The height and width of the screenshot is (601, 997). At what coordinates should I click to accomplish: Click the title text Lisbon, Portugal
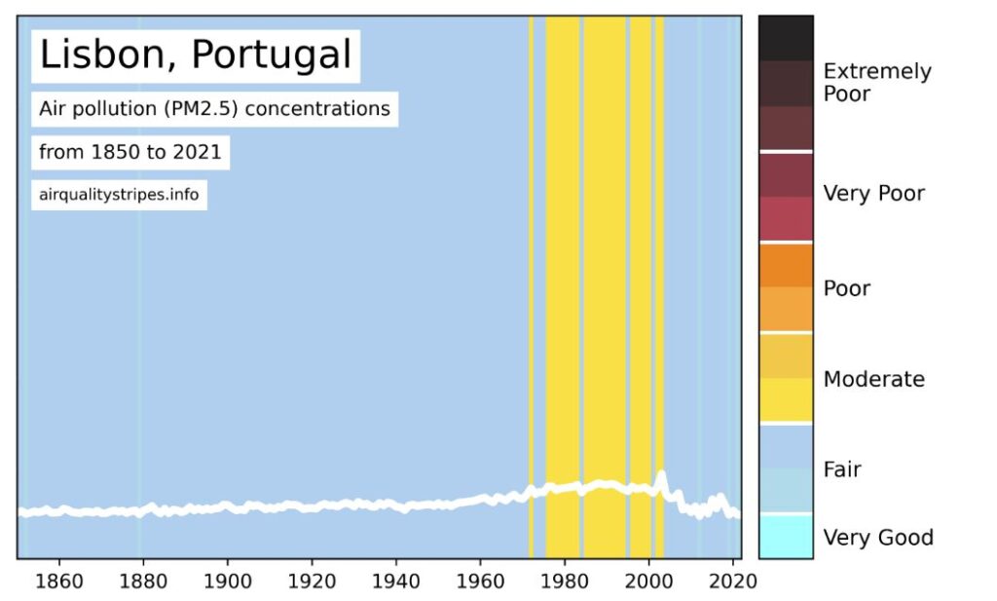pyautogui.click(x=195, y=56)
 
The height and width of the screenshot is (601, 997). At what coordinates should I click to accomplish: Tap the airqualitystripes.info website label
pyautogui.click(x=119, y=195)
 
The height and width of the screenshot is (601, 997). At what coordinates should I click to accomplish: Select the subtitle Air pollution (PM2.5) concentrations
pyautogui.click(x=214, y=108)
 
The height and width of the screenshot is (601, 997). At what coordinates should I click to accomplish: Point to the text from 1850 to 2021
pyautogui.click(x=129, y=152)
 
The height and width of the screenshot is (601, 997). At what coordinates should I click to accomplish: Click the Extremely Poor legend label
pyautogui.click(x=876, y=82)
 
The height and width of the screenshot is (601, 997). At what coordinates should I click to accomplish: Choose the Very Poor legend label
pyautogui.click(x=873, y=193)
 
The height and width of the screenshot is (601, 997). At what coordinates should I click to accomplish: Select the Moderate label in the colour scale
pyautogui.click(x=873, y=379)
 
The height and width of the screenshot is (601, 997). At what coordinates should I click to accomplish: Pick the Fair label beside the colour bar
pyautogui.click(x=842, y=470)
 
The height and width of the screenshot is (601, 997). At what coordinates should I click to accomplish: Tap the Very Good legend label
pyautogui.click(x=877, y=538)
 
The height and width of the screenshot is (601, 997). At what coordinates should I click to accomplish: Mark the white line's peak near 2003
pyautogui.click(x=662, y=475)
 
